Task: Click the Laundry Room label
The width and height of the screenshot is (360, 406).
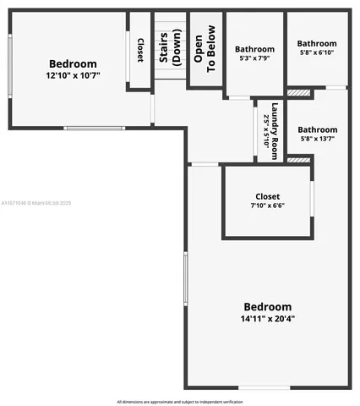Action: pyautogui.click(x=274, y=131)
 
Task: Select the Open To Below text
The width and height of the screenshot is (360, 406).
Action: pyautogui.click(x=204, y=49)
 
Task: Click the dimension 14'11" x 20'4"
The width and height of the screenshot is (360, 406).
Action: pyautogui.click(x=267, y=319)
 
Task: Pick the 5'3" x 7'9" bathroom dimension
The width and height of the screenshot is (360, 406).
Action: pyautogui.click(x=254, y=59)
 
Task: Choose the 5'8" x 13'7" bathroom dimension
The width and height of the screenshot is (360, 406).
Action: pyautogui.click(x=317, y=140)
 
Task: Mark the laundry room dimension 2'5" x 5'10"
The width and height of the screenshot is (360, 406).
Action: pyautogui.click(x=266, y=131)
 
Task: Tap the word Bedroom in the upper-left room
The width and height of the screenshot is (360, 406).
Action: pyautogui.click(x=73, y=64)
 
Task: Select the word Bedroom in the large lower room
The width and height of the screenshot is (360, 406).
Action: pyautogui.click(x=267, y=306)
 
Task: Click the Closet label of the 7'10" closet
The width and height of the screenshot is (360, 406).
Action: pyautogui.click(x=267, y=196)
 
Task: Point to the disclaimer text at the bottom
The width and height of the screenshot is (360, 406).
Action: pyautogui.click(x=179, y=401)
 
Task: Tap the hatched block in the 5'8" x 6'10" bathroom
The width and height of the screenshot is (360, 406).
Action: pyautogui.click(x=298, y=91)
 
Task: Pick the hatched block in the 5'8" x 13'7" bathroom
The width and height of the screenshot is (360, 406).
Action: pyautogui.click(x=298, y=159)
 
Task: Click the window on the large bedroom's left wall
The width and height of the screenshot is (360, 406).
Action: pyautogui.click(x=186, y=278)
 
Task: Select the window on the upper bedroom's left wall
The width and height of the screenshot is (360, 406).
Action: pyautogui.click(x=10, y=67)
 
